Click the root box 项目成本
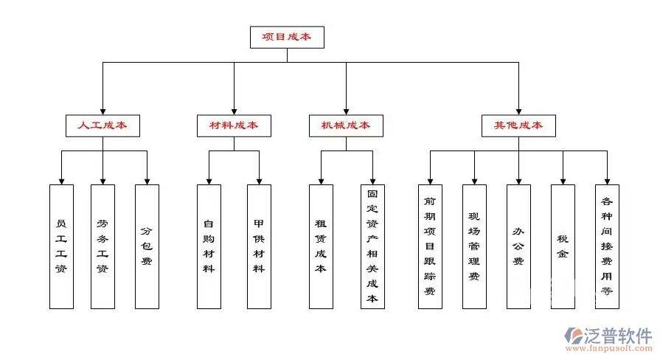[x=287, y=37]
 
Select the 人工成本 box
[x=103, y=125]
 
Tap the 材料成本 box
[x=234, y=125]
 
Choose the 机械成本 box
[x=345, y=125]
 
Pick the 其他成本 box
[x=518, y=125]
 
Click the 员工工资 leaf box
[x=61, y=246]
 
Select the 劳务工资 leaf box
[x=103, y=246]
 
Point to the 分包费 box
[x=147, y=246]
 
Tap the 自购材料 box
[x=209, y=246]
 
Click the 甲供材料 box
[x=259, y=246]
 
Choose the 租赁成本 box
[x=321, y=246]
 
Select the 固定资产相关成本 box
[x=372, y=246]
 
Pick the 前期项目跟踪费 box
[x=430, y=246]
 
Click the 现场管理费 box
[x=474, y=246]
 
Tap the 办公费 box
[x=518, y=246]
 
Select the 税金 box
[x=563, y=246]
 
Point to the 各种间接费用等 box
[x=607, y=246]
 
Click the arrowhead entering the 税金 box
[x=563, y=180]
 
